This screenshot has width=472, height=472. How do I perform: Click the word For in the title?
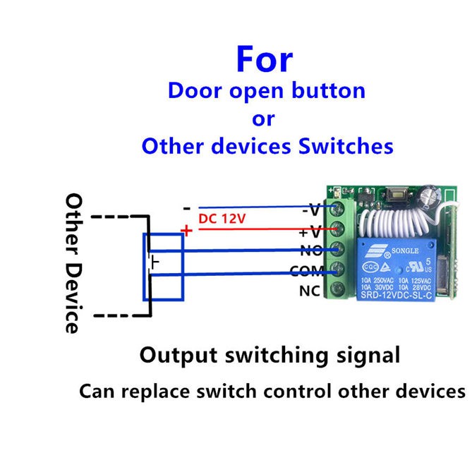point(263,59)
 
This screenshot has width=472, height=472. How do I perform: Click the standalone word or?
point(263,118)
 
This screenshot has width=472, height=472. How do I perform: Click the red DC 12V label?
point(222,219)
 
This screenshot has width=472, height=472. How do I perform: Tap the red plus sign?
point(186,230)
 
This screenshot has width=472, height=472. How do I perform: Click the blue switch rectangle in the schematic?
point(164,267)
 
